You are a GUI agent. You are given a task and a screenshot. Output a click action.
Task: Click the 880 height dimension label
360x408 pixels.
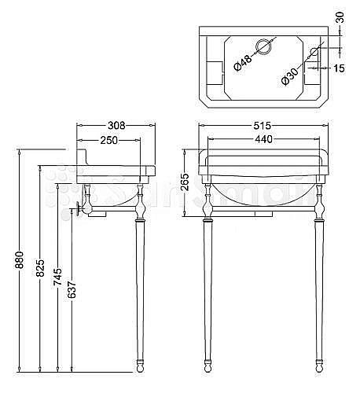coord(20,259)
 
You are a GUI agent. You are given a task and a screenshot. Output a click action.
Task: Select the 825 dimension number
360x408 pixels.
coord(40,268)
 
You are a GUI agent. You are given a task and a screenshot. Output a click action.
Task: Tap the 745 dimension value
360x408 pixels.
coord(57,277)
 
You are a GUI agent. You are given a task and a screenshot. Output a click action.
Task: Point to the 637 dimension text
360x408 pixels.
coord(72,290)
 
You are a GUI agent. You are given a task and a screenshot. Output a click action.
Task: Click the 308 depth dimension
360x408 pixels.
coord(116,126)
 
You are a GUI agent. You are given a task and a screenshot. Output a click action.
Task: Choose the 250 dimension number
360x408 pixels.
coord(109,140)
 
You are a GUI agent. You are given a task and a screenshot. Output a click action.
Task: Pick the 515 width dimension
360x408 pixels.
coord(262,126)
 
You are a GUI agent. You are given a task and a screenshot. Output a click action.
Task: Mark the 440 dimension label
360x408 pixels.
coord(264,139)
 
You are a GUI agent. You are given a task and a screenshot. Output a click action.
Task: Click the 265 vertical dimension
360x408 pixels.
coord(185,182)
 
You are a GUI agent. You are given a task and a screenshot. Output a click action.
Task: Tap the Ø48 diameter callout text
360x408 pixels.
coord(243,63)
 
